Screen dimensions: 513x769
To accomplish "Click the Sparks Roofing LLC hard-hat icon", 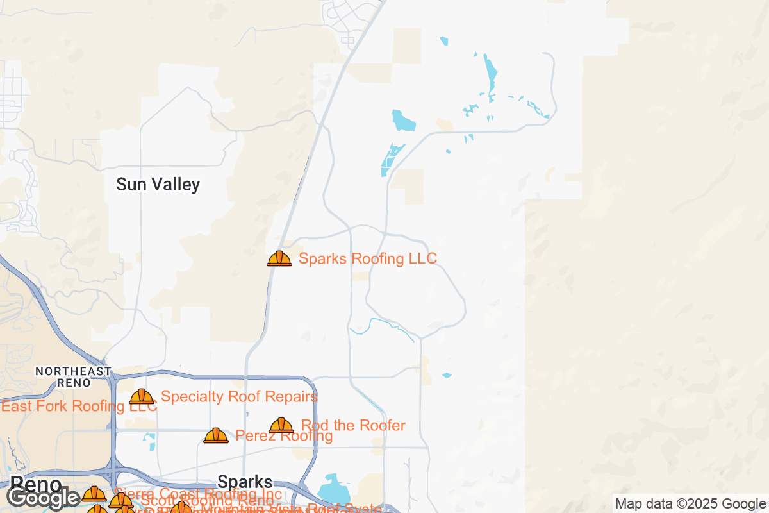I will click(279, 258).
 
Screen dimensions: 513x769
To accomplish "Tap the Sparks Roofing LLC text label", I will click(368, 258).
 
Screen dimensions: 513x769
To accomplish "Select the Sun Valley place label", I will click(158, 185).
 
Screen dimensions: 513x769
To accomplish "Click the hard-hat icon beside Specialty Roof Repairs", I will click(142, 396).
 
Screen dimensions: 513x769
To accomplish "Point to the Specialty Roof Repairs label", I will click(238, 396).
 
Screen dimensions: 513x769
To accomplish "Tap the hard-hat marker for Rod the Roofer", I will click(281, 425).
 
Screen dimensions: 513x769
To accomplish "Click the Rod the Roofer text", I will click(353, 425).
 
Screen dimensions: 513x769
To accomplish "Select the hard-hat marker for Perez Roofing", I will click(216, 435).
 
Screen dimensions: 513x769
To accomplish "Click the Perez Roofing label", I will click(284, 436).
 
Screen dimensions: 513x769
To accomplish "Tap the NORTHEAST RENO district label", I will click(73, 377).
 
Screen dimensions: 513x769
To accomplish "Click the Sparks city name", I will click(245, 482).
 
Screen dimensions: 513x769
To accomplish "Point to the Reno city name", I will click(36, 484).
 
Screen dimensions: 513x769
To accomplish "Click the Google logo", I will click(44, 498).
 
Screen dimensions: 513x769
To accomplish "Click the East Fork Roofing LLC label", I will click(78, 406).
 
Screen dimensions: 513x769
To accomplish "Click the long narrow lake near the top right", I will click(491, 74).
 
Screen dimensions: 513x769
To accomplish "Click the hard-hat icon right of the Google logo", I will click(94, 494).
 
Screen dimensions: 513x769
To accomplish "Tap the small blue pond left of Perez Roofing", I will click(150, 441).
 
